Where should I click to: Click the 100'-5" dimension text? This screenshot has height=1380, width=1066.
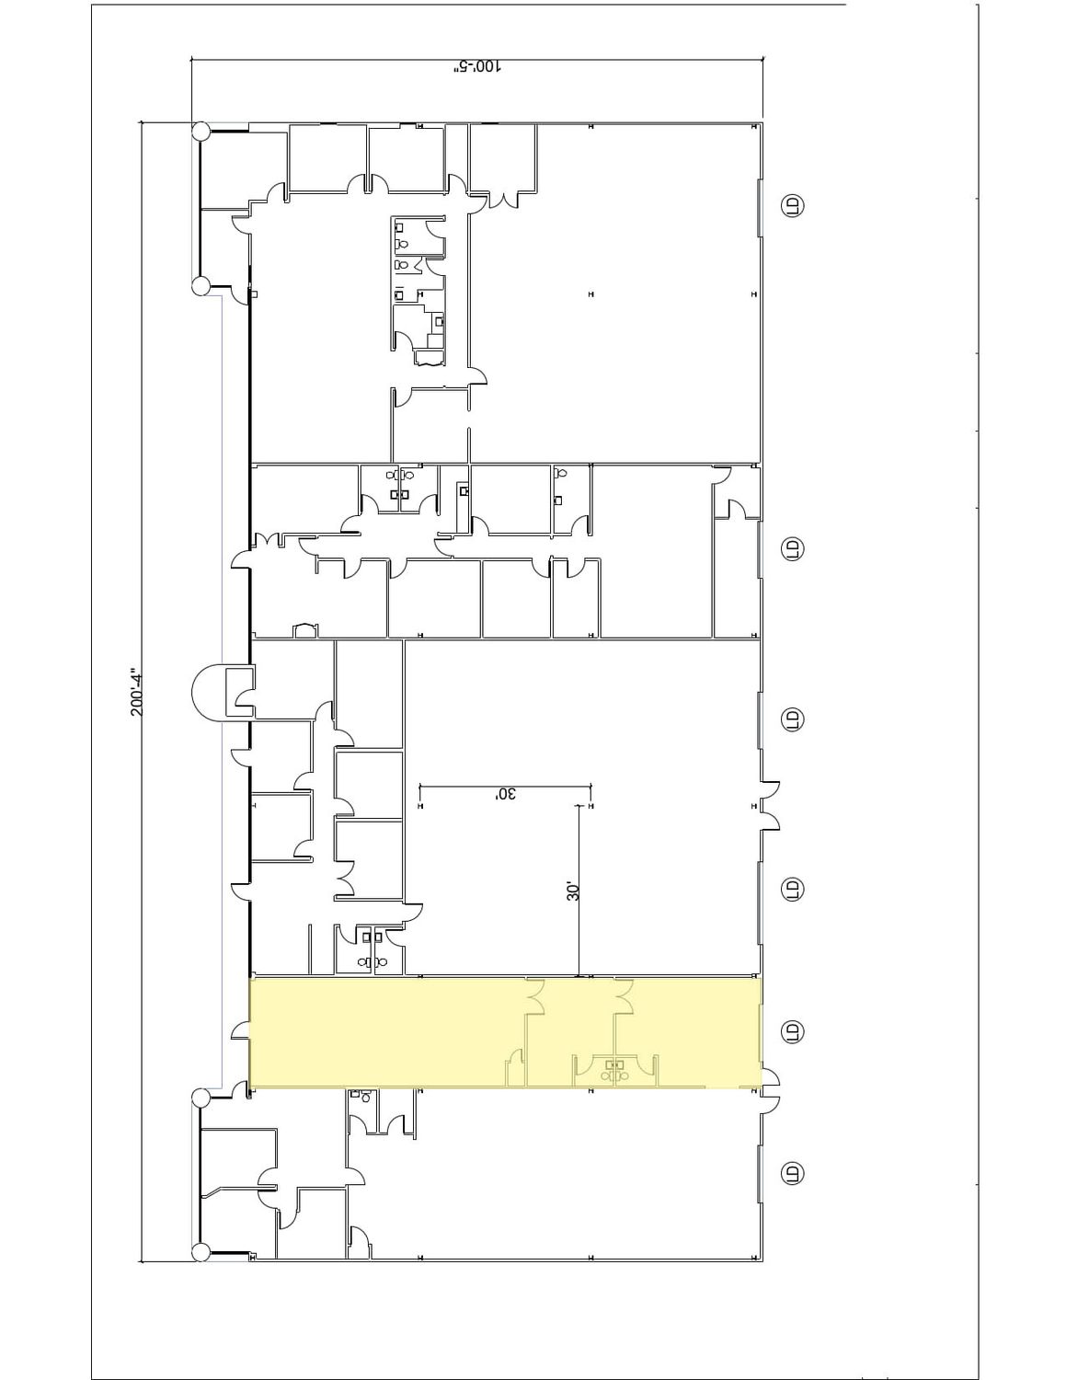[x=476, y=67]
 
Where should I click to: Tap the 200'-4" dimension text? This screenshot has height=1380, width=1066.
[x=137, y=691]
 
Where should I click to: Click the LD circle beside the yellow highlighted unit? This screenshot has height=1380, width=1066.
[x=792, y=1030]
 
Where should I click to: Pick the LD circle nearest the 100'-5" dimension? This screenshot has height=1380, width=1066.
[x=792, y=206]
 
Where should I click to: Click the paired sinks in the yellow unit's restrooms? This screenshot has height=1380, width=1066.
[x=614, y=1064]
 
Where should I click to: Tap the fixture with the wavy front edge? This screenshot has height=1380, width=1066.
[x=430, y=358]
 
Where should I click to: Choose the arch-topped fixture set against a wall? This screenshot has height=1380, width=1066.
[x=304, y=629]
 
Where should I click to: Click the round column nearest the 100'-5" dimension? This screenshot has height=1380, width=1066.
[x=201, y=132]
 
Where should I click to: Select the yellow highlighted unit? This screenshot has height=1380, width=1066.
[x=505, y=1032]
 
